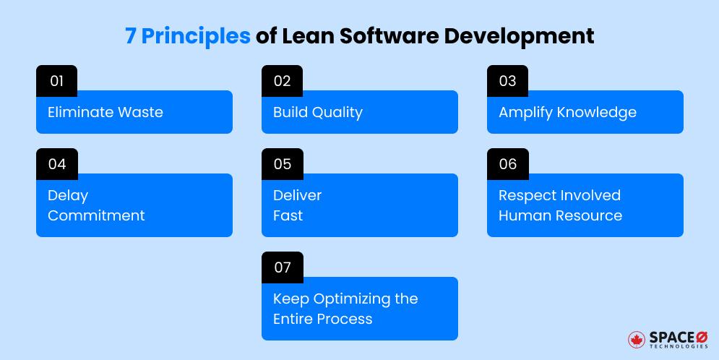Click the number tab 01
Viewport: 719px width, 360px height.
[56, 81]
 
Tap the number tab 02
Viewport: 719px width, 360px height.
[282, 81]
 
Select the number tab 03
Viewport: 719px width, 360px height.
[507, 81]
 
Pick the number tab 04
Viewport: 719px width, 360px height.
[56, 164]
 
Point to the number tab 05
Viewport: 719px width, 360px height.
[282, 164]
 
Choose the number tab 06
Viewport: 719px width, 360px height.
[507, 164]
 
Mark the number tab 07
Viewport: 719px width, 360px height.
[282, 267]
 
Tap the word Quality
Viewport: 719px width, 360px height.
[337, 112]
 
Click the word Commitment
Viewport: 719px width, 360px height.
[96, 215]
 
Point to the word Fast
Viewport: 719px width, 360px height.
[288, 215]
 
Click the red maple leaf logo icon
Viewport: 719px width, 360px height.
[637, 340]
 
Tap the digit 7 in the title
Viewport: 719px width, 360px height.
[130, 36]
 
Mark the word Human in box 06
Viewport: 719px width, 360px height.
[520, 215]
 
